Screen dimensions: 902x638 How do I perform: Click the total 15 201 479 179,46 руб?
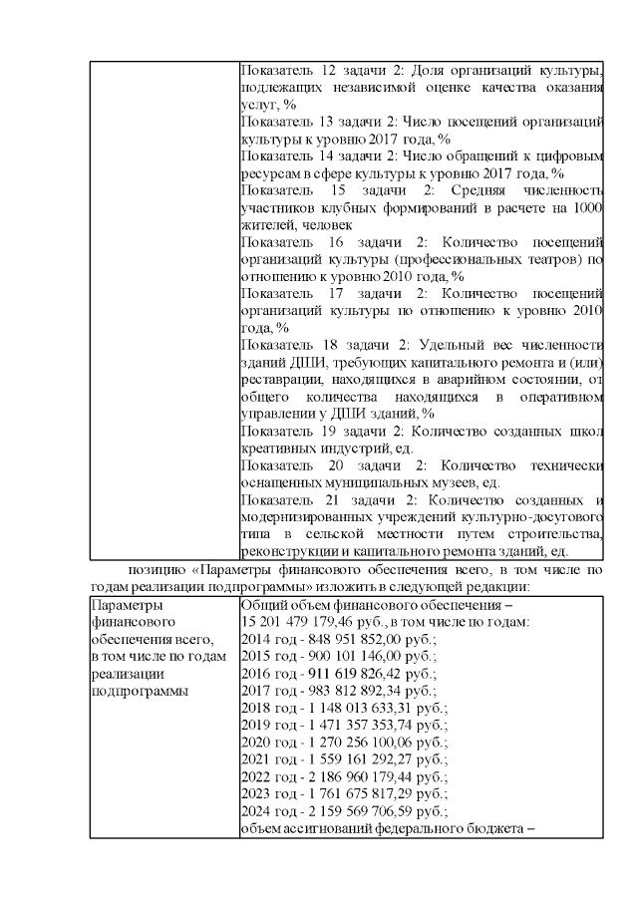pos(314,622)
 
